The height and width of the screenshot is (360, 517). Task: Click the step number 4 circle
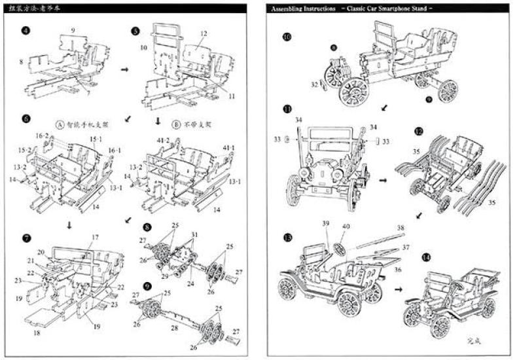coord(26,31)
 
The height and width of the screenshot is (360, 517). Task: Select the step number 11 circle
coord(287,109)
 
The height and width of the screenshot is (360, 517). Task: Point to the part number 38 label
coord(400,228)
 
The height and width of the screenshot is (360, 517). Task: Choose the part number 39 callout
coord(325,225)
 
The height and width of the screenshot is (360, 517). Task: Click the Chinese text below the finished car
coord(474,340)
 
